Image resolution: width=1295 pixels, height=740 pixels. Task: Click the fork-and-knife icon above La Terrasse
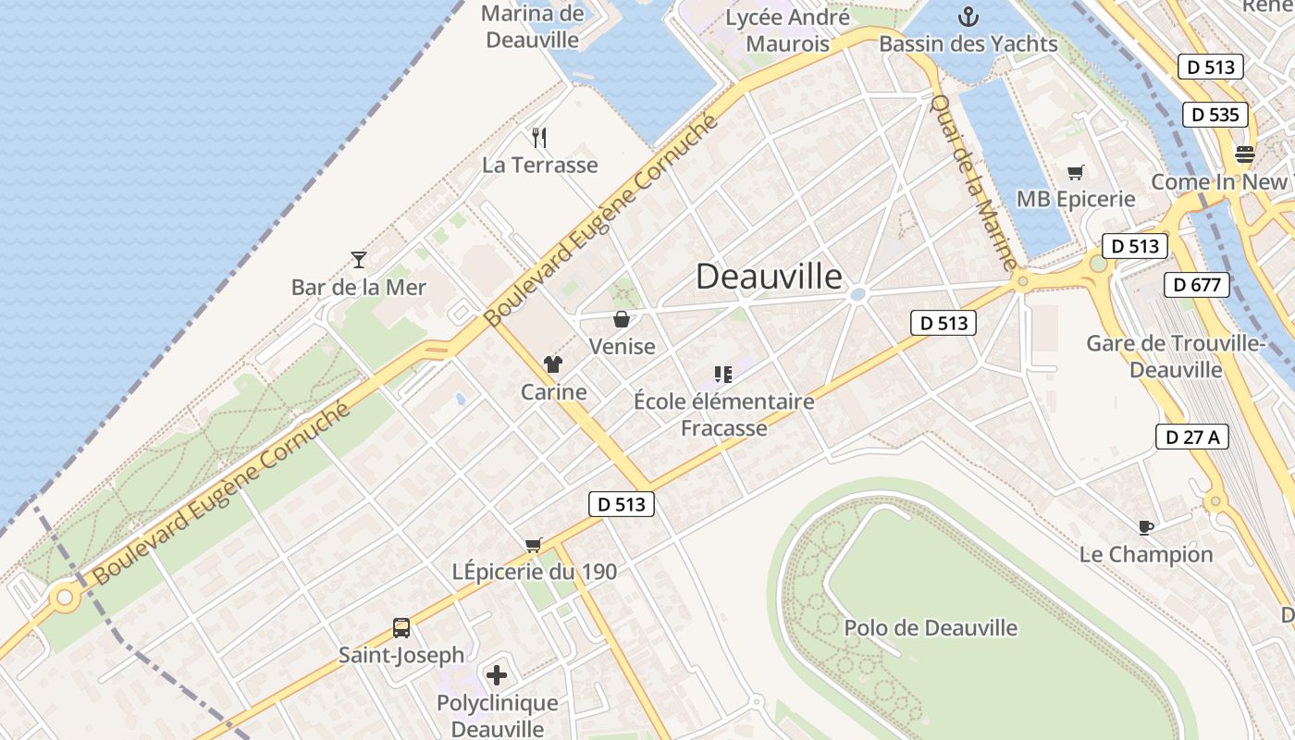pos(540,138)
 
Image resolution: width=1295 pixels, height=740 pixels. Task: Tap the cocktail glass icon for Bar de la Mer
pos(359,260)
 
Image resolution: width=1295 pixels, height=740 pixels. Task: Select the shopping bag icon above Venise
pos(622,319)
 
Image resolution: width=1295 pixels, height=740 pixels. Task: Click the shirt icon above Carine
pos(553,364)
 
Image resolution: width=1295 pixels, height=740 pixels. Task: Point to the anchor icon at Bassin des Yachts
pos(968,17)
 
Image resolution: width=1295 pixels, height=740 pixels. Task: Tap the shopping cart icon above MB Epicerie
pos(1075,172)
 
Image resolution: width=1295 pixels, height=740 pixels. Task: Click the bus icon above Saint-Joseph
pos(401,628)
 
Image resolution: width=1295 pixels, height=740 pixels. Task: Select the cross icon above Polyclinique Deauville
pos(497,675)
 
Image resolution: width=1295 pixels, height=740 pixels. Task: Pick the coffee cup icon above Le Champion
pos(1146,527)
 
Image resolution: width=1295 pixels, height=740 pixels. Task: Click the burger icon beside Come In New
pos(1245,154)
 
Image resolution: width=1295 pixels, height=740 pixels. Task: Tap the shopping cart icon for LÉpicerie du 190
pos(533,545)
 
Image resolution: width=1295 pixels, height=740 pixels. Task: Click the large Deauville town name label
pos(769,277)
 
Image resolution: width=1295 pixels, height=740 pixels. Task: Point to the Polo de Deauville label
pos(931,628)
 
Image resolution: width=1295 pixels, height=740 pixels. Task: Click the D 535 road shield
pos(1215,115)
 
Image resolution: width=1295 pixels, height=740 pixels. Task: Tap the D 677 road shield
pos(1197,285)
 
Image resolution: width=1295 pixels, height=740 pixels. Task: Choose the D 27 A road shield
pos(1191,437)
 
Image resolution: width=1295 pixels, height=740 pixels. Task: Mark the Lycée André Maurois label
pos(787,31)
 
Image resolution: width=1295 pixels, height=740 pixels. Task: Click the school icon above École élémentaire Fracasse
pos(723,375)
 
